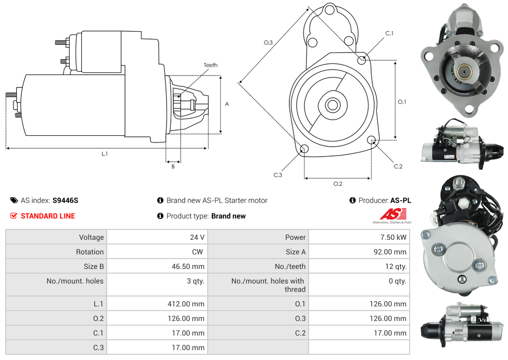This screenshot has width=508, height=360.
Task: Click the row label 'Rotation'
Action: pyautogui.click(x=90, y=252)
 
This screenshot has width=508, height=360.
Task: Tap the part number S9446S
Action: pyautogui.click(x=65, y=200)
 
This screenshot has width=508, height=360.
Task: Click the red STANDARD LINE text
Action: pyautogui.click(x=47, y=216)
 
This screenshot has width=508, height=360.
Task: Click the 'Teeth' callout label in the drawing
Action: pyautogui.click(x=210, y=65)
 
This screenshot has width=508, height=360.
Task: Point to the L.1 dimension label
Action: pyautogui.click(x=105, y=153)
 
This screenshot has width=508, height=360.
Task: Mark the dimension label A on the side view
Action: pyautogui.click(x=227, y=104)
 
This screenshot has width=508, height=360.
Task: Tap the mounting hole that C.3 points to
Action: pyautogui.click(x=304, y=149)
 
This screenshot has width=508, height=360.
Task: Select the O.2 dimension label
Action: pyautogui.click(x=338, y=184)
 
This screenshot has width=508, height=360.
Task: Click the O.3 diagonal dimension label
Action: pyautogui.click(x=268, y=43)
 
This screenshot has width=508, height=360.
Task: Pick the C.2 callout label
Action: pyautogui.click(x=398, y=166)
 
